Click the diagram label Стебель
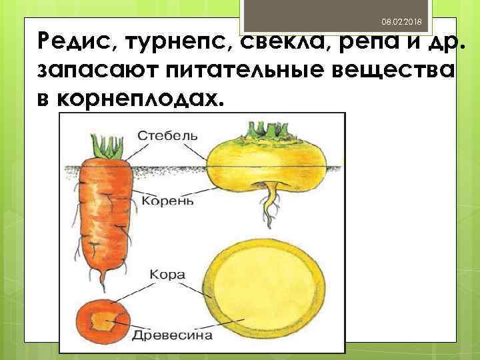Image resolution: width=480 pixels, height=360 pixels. [x=167, y=135]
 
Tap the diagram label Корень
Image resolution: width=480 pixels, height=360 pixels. [x=167, y=199]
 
